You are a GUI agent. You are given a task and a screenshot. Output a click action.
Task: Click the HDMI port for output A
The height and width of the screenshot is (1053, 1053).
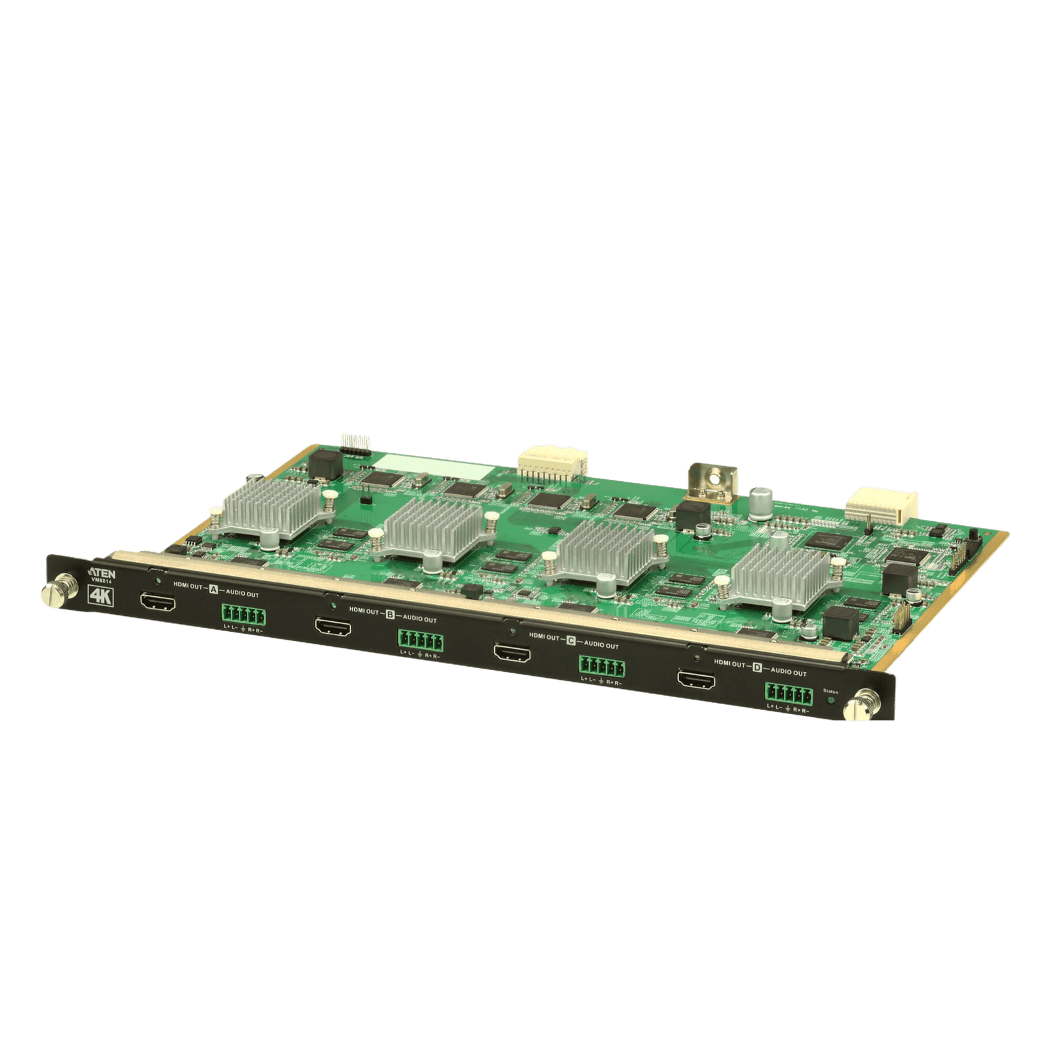[x=158, y=602]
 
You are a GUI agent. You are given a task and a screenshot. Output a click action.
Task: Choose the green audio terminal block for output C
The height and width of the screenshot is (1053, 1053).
[x=602, y=667]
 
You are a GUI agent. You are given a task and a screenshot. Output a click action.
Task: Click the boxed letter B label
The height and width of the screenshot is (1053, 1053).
[x=390, y=613]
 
